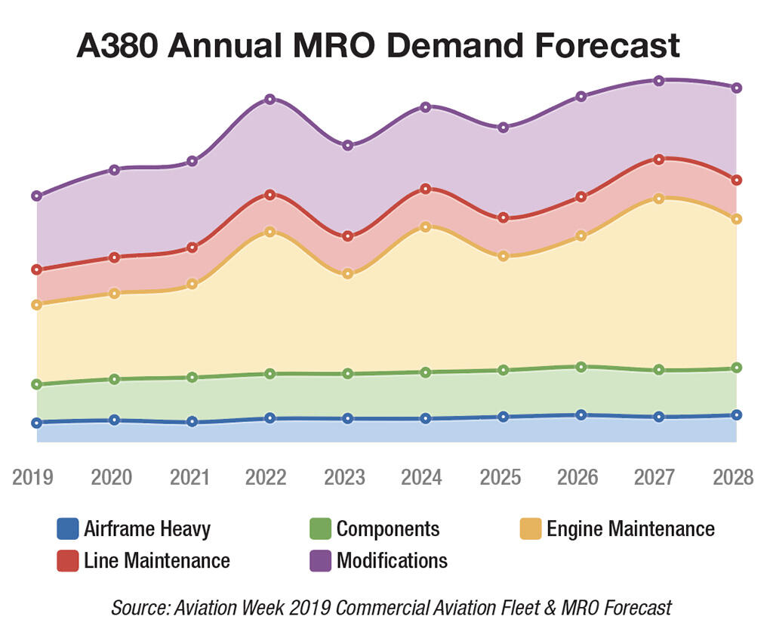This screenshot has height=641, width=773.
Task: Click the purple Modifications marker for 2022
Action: pyautogui.click(x=269, y=100)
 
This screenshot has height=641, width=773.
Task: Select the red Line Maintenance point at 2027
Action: pyautogui.click(x=659, y=159)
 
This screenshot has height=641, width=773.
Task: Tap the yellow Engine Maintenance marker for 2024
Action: pyautogui.click(x=426, y=227)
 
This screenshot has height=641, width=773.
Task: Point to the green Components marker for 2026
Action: pyautogui.click(x=581, y=367)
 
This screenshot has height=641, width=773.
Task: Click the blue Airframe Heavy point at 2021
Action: pyautogui.click(x=192, y=421)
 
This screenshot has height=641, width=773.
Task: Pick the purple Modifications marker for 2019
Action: pyautogui.click(x=36, y=196)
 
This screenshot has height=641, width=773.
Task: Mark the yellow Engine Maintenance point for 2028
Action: pyautogui.click(x=737, y=219)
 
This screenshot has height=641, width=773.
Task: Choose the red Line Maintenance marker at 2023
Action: pyautogui.click(x=347, y=236)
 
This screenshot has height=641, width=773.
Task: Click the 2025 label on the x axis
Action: pyautogui.click(x=502, y=478)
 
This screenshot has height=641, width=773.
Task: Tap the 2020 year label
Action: pyautogui.click(x=112, y=478)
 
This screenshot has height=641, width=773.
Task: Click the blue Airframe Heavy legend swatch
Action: pyautogui.click(x=67, y=529)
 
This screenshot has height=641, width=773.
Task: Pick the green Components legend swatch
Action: pyautogui.click(x=320, y=529)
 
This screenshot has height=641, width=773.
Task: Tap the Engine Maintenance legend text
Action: pyautogui.click(x=630, y=529)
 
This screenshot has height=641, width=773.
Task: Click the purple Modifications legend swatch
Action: pyautogui.click(x=320, y=561)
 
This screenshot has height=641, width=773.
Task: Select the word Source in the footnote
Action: pyautogui.click(x=134, y=608)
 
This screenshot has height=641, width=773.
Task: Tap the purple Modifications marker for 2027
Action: pyautogui.click(x=659, y=81)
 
